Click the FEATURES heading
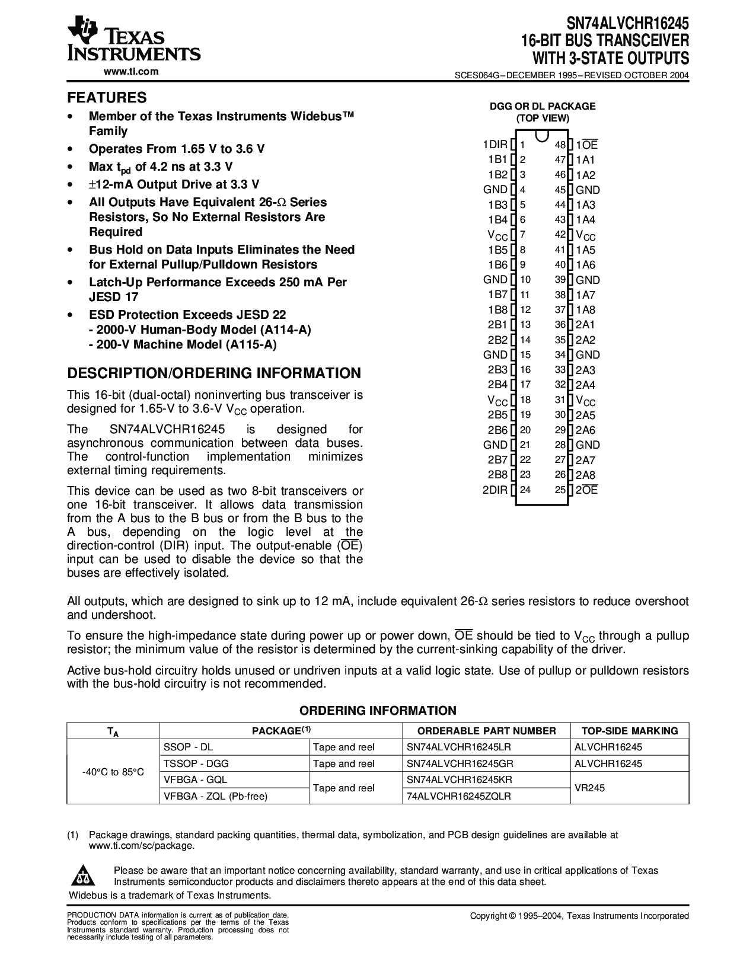tap(107, 97)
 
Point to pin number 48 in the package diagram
tap(560, 145)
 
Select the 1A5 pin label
tap(585, 250)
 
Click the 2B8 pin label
tap(497, 475)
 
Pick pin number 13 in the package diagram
tap(525, 325)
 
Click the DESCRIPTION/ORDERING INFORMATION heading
tap(214, 373)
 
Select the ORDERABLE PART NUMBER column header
tap(487, 731)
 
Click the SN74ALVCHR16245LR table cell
tap(460, 747)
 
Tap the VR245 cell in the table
tap(590, 788)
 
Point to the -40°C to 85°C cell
tap(113, 772)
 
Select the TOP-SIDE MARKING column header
tap(629, 731)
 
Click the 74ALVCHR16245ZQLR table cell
tap(459, 796)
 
